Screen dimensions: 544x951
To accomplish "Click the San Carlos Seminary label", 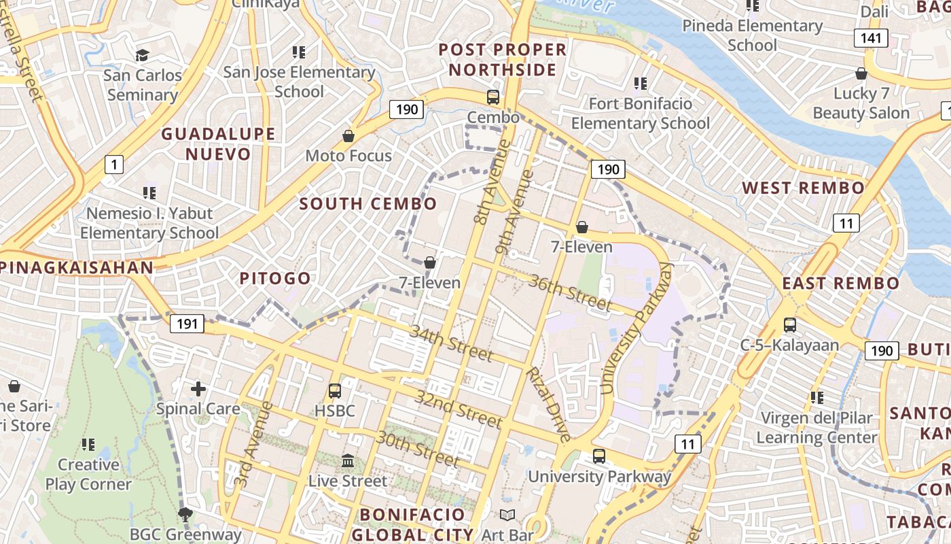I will tap(143, 84).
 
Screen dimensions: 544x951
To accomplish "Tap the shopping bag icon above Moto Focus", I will tap(348, 136).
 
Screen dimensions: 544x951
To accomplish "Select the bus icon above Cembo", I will tap(493, 97).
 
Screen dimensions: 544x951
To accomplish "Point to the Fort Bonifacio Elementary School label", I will tap(640, 114).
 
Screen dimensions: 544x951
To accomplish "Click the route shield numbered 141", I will tap(872, 37).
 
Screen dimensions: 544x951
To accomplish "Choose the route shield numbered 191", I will tap(187, 324).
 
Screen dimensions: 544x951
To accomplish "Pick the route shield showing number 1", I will tap(114, 164).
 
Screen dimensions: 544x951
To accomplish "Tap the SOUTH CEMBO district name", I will tap(368, 203).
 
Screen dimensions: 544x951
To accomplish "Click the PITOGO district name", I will tap(275, 278).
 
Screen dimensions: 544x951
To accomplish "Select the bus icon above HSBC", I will tap(335, 391).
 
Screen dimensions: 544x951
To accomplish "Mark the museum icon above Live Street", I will tap(348, 460).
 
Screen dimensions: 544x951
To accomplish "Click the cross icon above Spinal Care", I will tap(198, 389).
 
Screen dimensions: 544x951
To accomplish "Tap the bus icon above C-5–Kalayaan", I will tap(790, 325).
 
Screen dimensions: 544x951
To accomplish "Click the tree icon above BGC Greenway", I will tap(185, 513).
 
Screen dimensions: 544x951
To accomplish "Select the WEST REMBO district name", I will tap(803, 188).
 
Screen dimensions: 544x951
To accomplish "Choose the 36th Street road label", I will tap(571, 292).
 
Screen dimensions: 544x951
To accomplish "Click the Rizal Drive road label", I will tap(549, 405).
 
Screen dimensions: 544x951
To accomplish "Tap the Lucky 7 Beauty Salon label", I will tap(861, 103).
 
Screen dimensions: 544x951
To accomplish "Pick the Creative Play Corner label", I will tap(88, 475).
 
